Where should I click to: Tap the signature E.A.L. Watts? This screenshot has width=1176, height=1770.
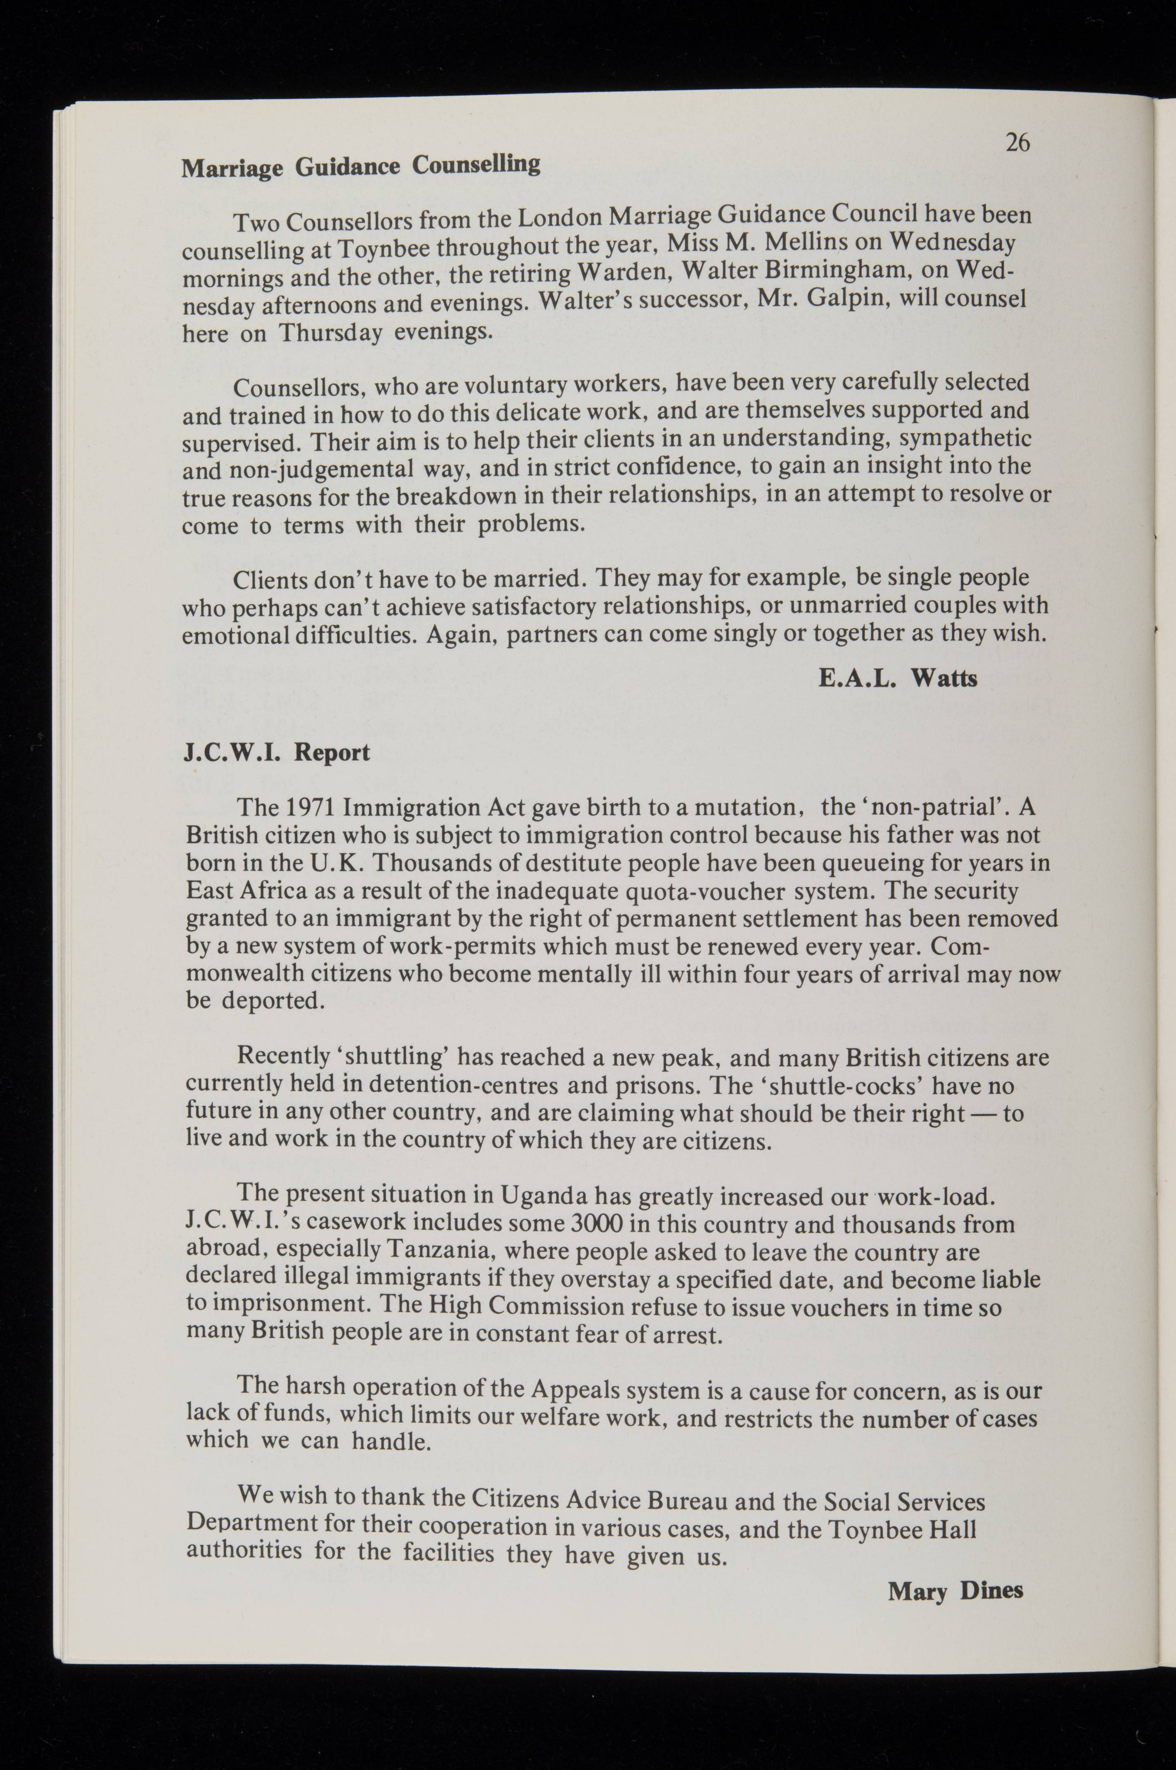898,679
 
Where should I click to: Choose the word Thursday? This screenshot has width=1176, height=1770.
331,332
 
